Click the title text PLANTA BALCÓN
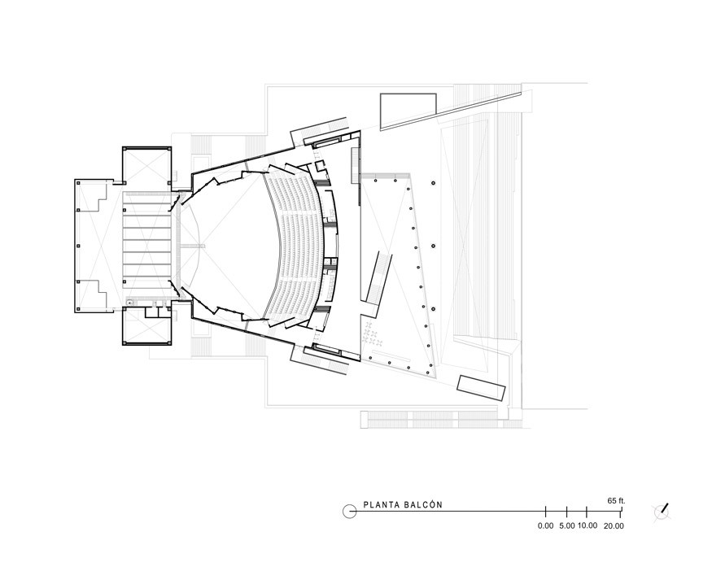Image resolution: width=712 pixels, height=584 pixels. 403,504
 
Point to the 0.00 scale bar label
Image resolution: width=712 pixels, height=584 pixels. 545,526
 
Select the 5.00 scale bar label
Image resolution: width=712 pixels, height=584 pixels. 567,526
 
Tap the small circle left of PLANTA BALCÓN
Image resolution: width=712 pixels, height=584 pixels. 350,511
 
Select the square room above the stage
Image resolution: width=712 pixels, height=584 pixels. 146,168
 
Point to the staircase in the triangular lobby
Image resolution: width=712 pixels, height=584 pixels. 379,277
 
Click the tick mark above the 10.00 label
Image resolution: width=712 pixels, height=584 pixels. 587,512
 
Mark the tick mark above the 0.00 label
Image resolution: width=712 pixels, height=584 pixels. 545,512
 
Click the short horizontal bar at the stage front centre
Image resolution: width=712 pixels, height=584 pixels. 193,245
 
